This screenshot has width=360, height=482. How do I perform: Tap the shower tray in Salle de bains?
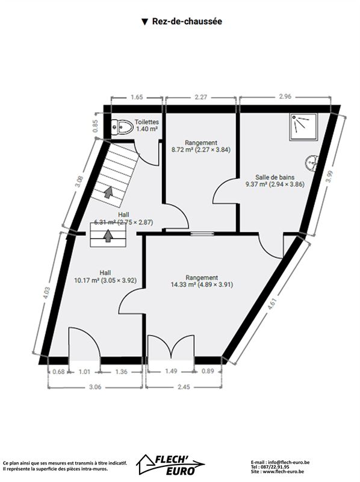click(x=303, y=127)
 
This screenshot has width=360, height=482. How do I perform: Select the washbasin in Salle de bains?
click(x=312, y=163)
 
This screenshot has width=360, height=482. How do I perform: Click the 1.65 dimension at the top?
click(x=137, y=97)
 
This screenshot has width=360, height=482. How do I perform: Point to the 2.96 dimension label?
click(x=285, y=96)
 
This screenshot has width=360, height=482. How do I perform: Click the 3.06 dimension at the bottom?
click(x=95, y=387)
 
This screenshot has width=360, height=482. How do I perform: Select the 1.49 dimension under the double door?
click(x=171, y=371)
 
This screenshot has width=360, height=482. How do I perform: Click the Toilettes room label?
click(x=147, y=122)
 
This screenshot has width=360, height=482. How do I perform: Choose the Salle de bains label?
click(x=275, y=177)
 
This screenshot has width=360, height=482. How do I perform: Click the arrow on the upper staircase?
click(x=108, y=192)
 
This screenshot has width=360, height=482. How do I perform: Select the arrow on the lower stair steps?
click(x=108, y=236)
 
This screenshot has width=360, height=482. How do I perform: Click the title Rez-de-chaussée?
click(x=187, y=22)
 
